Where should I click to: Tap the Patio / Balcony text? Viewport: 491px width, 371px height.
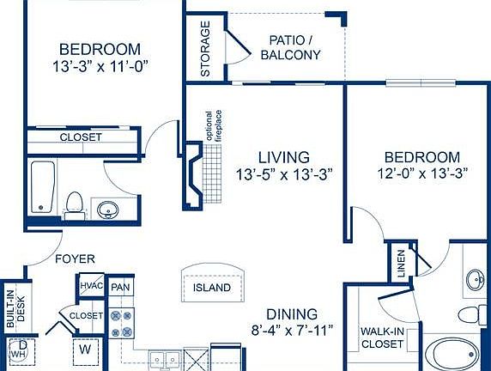pyautogui.click(x=294, y=47)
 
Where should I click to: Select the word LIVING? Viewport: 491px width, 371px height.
pyautogui.click(x=284, y=157)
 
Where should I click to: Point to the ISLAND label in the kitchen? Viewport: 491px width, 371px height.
pyautogui.click(x=211, y=287)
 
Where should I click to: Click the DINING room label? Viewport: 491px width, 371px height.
pyautogui.click(x=292, y=313)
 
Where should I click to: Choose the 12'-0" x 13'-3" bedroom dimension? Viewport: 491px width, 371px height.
pyautogui.click(x=421, y=174)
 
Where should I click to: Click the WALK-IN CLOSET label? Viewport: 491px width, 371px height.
pyautogui.click(x=382, y=337)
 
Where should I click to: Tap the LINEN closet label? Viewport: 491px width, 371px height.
pyautogui.click(x=401, y=265)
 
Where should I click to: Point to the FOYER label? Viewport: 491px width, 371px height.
pyautogui.click(x=75, y=258)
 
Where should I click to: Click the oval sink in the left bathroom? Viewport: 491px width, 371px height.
pyautogui.click(x=108, y=209)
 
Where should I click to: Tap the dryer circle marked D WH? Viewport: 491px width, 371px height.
pyautogui.click(x=20, y=350)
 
